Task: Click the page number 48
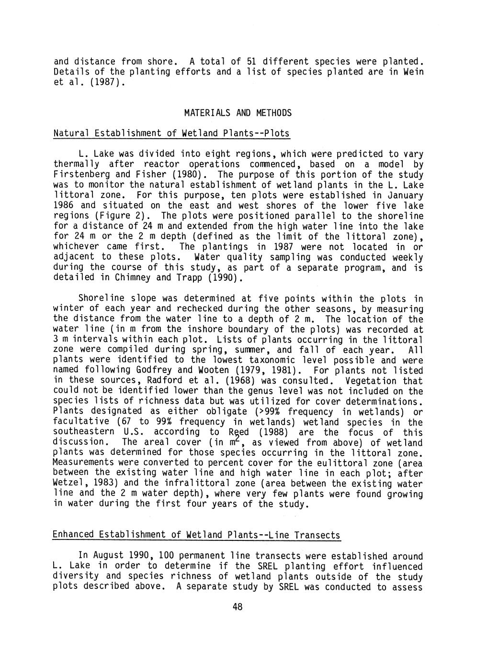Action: pyautogui.click(x=238, y=607)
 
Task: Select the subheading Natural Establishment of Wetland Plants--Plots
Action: pyautogui.click(x=171, y=133)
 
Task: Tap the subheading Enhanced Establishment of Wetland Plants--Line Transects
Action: pyautogui.click(x=196, y=535)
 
